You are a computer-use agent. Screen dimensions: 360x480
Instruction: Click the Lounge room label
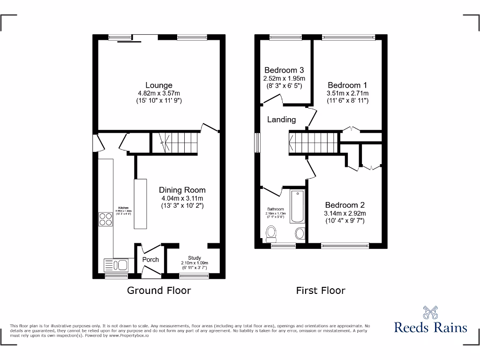[159, 85]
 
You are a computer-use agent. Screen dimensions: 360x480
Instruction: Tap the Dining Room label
[182, 190]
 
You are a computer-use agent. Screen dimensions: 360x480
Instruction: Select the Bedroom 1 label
[347, 85]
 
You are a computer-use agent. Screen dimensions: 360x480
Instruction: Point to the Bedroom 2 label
[345, 205]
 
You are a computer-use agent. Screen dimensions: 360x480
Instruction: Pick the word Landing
[281, 119]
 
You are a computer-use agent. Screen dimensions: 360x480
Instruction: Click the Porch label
[150, 259]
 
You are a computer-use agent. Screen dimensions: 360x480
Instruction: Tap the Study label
[195, 258]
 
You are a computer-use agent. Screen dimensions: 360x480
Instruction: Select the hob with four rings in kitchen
[105, 219]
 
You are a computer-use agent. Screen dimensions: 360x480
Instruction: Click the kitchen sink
[116, 265]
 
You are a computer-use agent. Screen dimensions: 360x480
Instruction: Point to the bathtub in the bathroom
[298, 207]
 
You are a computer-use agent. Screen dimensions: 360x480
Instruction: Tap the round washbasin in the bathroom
[300, 233]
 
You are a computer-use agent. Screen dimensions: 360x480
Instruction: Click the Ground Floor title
[159, 290]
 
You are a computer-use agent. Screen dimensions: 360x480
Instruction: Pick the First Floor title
[321, 290]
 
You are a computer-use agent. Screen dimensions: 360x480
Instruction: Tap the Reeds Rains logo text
[430, 327]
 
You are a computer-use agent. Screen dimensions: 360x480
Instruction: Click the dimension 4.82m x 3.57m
[159, 93]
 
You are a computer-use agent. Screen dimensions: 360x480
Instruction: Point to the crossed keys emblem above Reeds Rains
[430, 312]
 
